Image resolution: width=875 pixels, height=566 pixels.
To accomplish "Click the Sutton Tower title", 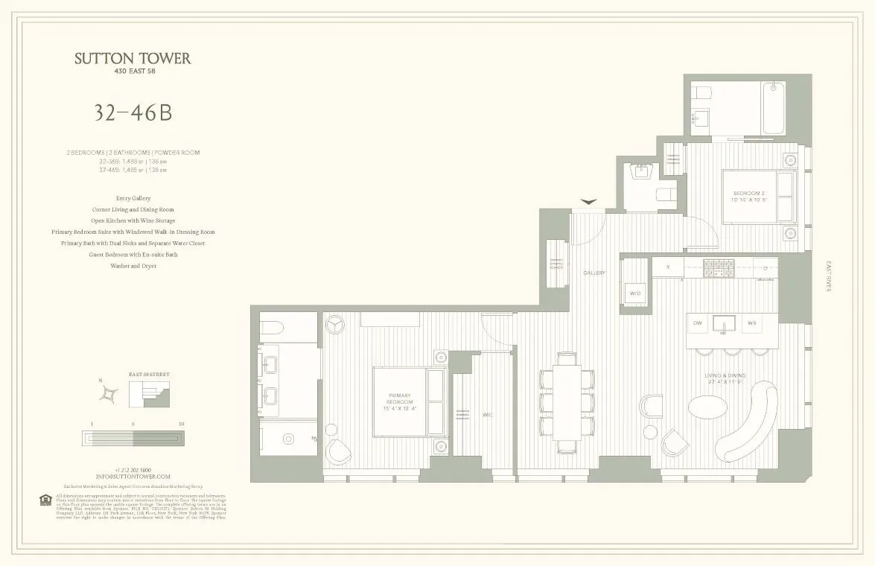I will click(133, 59).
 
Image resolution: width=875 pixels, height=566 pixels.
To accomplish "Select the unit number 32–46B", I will click(133, 112).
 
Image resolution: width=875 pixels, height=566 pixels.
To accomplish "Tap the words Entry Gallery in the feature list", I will click(133, 198).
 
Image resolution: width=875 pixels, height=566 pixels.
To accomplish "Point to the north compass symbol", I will click(110, 393).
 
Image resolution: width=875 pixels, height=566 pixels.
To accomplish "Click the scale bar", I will click(133, 439).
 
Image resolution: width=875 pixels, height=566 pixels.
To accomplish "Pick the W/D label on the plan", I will click(634, 293).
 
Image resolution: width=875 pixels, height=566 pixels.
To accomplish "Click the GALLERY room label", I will click(594, 273).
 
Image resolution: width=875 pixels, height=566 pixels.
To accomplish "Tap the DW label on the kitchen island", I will click(697, 323).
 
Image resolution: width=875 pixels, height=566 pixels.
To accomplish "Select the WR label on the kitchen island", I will click(752, 323).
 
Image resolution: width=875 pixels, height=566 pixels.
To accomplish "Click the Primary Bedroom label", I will click(399, 403).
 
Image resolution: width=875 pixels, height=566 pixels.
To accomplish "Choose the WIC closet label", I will click(488, 414).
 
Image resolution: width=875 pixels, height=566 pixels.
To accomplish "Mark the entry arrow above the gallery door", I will click(589, 201).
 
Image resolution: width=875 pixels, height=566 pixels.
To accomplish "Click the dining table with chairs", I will click(567, 403).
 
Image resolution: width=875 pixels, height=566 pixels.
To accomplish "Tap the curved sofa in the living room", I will click(745, 421).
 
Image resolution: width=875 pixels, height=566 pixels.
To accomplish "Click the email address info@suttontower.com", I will click(133, 476).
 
